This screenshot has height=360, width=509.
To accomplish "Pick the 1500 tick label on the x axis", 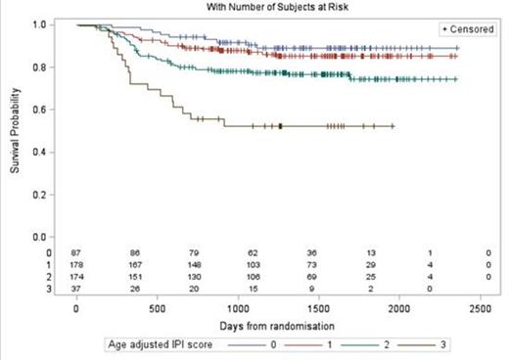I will pos(318,308).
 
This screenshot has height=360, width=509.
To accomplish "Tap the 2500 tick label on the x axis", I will pos(480,308).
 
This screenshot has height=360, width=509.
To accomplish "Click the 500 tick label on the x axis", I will pos(157,308).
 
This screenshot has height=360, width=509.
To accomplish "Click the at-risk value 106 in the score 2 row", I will pos(238,275).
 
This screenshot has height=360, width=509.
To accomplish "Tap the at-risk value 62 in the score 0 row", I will pos(238,251).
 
